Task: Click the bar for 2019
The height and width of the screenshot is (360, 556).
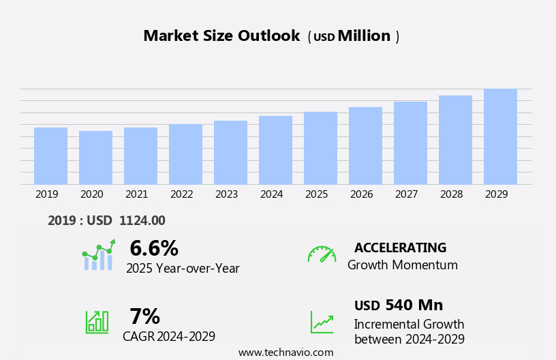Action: click(50, 155)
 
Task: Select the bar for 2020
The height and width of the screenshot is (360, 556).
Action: click(95, 157)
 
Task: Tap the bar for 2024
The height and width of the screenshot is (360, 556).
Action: click(275, 150)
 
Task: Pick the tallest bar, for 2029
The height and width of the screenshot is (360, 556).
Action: click(500, 136)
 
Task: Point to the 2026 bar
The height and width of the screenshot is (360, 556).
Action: click(365, 145)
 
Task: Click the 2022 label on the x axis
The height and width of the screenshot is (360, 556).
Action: click(182, 194)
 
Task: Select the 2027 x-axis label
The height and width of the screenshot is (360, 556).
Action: click(407, 194)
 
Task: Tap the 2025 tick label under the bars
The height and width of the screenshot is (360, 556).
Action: click(317, 194)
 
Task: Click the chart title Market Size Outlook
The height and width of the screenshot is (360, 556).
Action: click(221, 36)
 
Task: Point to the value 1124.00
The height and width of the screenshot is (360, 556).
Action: click(142, 221)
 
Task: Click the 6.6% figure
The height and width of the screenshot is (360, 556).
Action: click(154, 248)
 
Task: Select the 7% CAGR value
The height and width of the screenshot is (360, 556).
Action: click(144, 316)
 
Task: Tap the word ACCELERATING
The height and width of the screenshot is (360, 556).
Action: click(400, 248)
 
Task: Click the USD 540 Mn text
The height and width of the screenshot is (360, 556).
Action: click(399, 305)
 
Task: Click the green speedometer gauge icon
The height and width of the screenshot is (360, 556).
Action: click(322, 254)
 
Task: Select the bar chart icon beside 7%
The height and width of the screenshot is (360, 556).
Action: click(97, 321)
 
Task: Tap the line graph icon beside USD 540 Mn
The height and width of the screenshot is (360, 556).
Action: click(322, 322)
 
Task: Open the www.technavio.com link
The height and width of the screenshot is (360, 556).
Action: click(285, 352)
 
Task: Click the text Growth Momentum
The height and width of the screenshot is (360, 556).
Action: click(402, 265)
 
